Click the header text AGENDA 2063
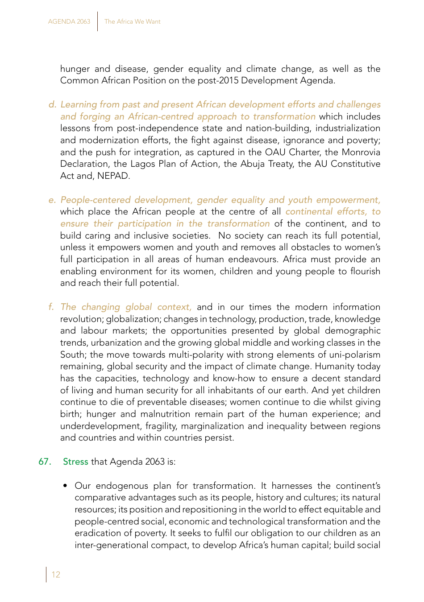coord(69,21)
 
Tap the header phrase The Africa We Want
coord(132,21)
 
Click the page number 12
coord(56,574)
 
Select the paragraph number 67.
coord(44,462)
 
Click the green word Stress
coord(75,462)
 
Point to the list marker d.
coord(52,104)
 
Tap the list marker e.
coord(52,200)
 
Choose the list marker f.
coord(51,307)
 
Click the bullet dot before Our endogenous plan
coord(66,486)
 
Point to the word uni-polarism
coord(354,355)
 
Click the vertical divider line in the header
coord(97,21)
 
